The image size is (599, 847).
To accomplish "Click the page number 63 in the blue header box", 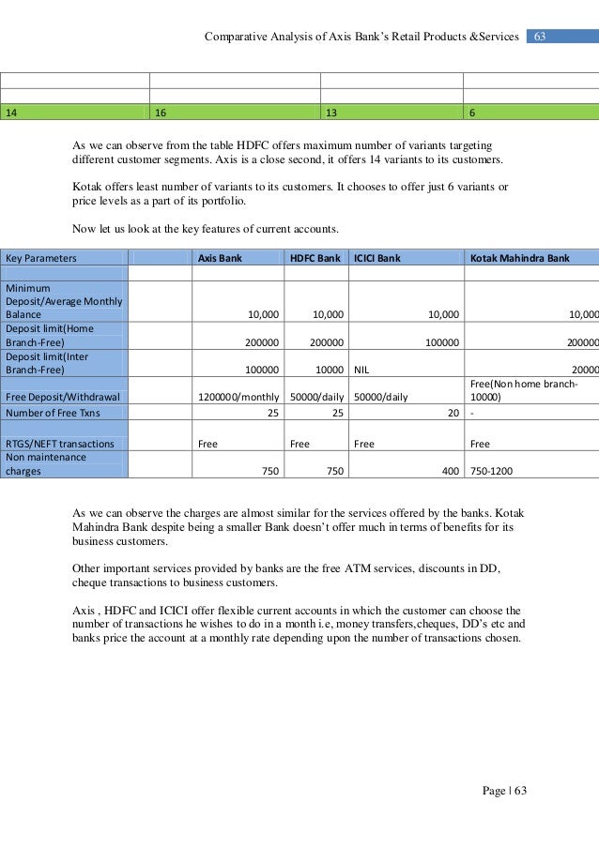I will (x=540, y=37).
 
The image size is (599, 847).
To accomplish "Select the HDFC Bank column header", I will (x=315, y=257).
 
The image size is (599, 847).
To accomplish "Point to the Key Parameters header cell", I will (x=41, y=257).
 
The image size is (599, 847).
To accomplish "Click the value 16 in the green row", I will (x=161, y=113).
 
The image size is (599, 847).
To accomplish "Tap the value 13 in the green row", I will (x=331, y=113).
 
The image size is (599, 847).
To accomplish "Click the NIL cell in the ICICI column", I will (x=361, y=371).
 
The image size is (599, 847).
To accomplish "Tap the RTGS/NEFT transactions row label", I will (x=60, y=444).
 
